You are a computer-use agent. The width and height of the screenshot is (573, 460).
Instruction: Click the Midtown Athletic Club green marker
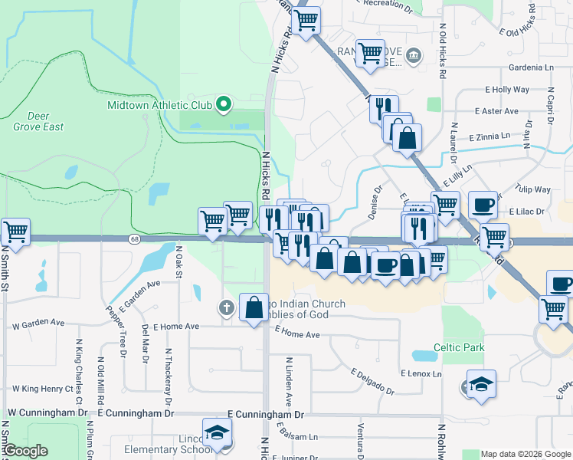coord(224,104)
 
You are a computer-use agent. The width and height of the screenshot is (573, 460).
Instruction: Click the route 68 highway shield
coord(133,239)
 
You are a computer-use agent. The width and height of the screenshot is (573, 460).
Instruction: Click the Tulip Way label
coord(533,189)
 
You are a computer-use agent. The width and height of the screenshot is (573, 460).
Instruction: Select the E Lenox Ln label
coord(421,373)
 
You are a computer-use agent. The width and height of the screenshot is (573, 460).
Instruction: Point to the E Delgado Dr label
coord(373,382)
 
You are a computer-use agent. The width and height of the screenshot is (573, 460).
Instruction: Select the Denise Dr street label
coord(375,202)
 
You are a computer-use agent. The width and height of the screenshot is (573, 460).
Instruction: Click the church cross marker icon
coord(226,307)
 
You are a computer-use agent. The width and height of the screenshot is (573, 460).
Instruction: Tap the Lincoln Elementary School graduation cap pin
coord(217,431)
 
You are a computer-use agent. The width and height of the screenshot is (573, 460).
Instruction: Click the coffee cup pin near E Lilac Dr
coord(483,205)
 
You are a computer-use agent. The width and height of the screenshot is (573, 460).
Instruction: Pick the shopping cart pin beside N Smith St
coord(15,230)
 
